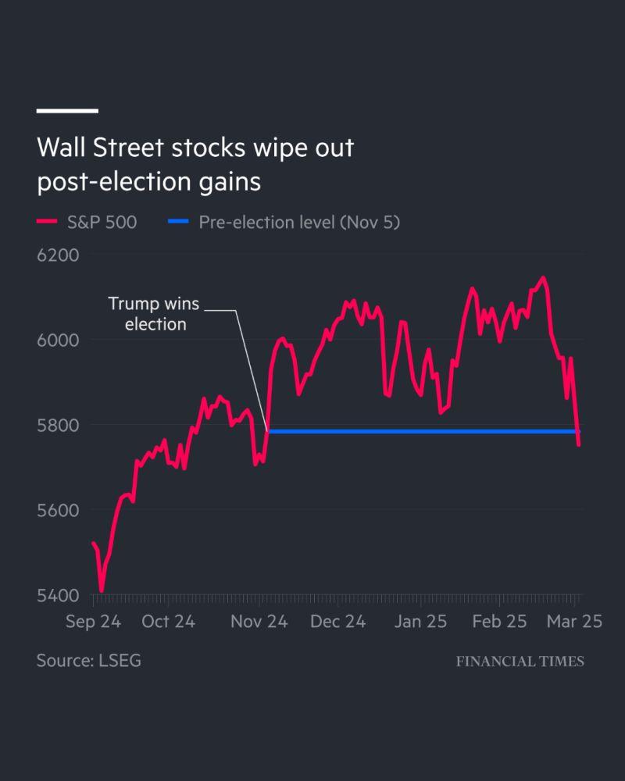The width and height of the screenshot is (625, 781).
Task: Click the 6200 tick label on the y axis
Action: click(x=58, y=255)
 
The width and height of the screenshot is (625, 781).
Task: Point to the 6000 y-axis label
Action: click(x=58, y=341)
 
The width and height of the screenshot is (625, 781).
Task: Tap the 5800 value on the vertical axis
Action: click(x=58, y=426)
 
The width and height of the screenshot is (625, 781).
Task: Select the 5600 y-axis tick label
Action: click(x=58, y=511)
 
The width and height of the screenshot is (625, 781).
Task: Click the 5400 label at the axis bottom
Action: click(x=58, y=596)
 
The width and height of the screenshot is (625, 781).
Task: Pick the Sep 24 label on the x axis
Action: click(x=94, y=622)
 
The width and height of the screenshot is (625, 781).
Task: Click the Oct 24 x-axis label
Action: click(x=168, y=622)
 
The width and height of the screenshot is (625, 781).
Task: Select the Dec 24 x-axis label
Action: click(x=338, y=622)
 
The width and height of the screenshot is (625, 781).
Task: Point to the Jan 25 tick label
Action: click(x=420, y=622)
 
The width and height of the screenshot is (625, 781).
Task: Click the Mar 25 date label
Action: click(x=574, y=622)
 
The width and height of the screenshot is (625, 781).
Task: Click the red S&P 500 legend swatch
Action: click(x=48, y=223)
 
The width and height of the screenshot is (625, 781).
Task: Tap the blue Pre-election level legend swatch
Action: click(x=178, y=223)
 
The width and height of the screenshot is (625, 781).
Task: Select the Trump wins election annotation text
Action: click(x=154, y=313)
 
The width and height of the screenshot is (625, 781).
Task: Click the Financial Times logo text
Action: click(x=520, y=662)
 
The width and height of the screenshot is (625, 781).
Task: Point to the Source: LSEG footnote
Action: click(x=88, y=661)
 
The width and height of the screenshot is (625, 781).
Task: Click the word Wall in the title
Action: click(x=61, y=147)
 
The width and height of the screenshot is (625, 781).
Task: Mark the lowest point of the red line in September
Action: click(x=102, y=590)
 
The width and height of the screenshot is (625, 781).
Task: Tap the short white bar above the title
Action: click(x=67, y=111)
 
